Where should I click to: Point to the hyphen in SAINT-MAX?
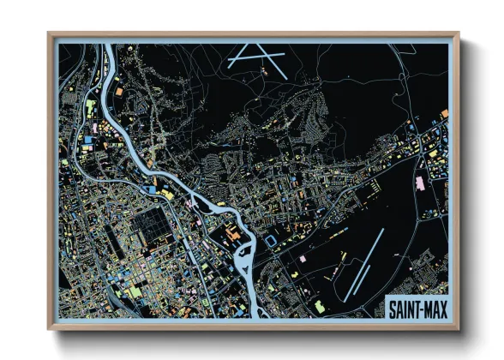click(421, 307)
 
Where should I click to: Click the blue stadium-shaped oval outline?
click(273, 242)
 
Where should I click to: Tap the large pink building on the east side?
click(420, 183)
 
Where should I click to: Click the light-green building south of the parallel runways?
click(319, 305)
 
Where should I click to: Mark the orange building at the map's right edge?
click(444, 112)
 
